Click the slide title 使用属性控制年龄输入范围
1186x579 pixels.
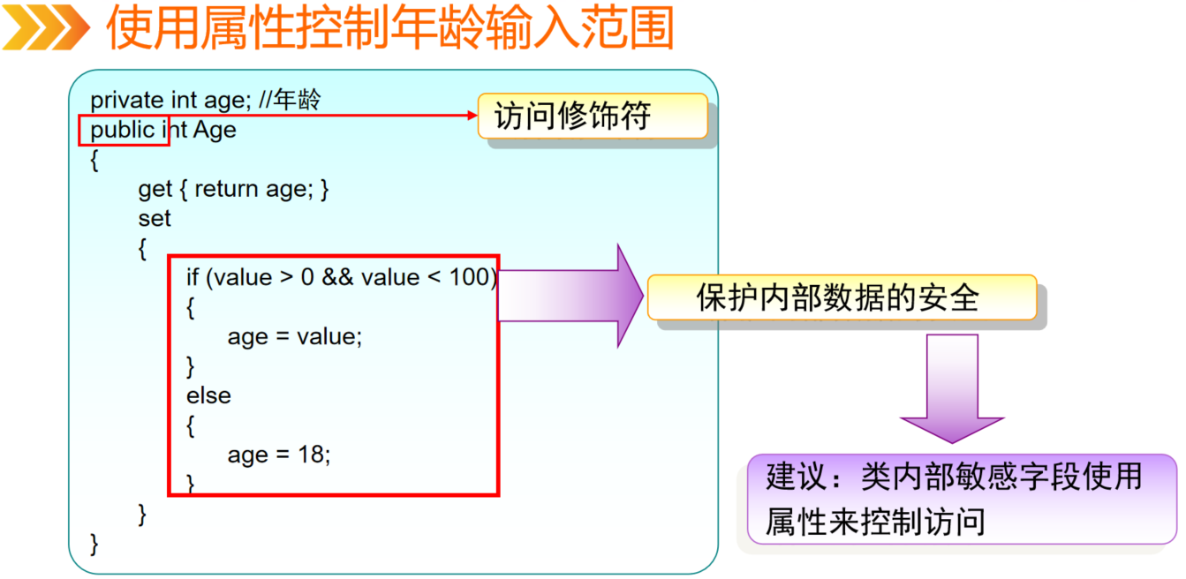pyautogui.click(x=389, y=28)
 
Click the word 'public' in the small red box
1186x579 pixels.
pyautogui.click(x=122, y=131)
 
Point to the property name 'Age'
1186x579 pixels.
pyautogui.click(x=215, y=131)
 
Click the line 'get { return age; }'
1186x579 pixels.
pyautogui.click(x=233, y=189)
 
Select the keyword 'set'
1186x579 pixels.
pyautogui.click(x=155, y=218)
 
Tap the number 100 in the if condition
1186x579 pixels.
pyautogui.click(x=469, y=277)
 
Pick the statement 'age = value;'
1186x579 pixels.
pyautogui.click(x=295, y=336)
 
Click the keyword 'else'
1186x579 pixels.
pyautogui.click(x=208, y=395)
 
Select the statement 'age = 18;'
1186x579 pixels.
pyautogui.click(x=279, y=455)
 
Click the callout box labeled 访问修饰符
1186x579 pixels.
pyautogui.click(x=592, y=117)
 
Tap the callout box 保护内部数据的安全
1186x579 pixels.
pyautogui.click(x=841, y=297)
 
